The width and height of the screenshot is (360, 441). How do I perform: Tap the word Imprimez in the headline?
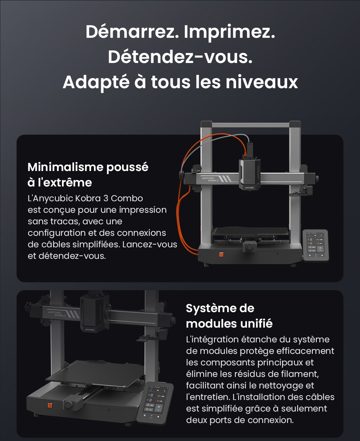[229, 33]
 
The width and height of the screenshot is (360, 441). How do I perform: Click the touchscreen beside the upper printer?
[315, 245]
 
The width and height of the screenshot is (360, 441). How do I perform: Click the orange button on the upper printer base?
[221, 255]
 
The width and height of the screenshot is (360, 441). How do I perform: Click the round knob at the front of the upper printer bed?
[249, 247]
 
